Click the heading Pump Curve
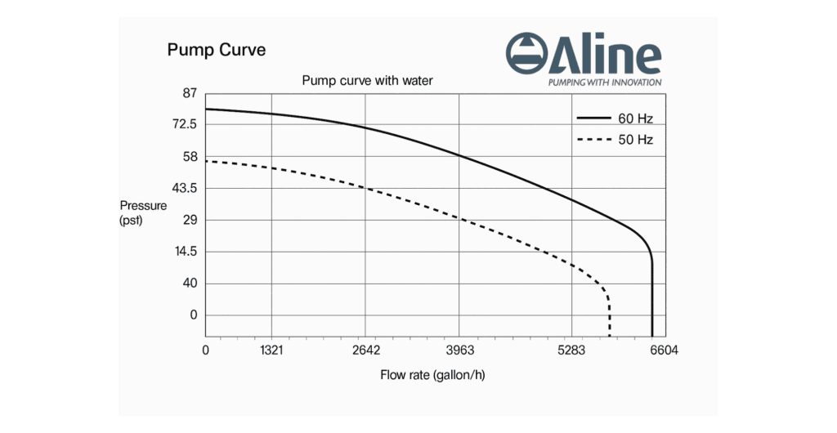click(x=216, y=50)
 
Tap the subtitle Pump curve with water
click(x=367, y=80)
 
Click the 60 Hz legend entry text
click(x=635, y=119)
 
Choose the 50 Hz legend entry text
click(x=635, y=140)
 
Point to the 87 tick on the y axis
click(x=190, y=93)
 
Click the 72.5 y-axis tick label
click(x=185, y=124)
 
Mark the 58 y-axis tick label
click(x=190, y=156)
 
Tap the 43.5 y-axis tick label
click(x=185, y=188)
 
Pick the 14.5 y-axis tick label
click(x=185, y=252)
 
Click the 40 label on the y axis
click(x=190, y=283)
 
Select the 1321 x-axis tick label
click(x=271, y=350)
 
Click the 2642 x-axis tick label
click(x=366, y=350)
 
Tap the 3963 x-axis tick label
click(x=460, y=350)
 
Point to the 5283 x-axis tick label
click(x=571, y=350)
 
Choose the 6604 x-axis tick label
click(x=664, y=350)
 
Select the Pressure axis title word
click(x=143, y=206)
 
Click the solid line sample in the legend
click(x=593, y=119)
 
